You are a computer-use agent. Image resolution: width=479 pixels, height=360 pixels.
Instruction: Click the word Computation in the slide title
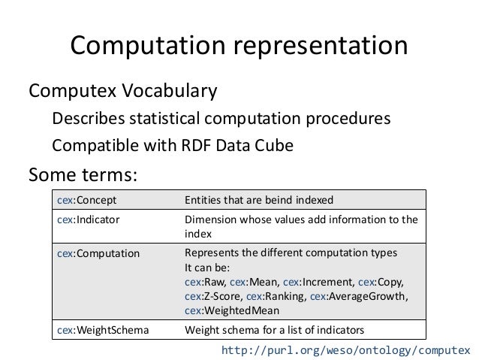point(147,46)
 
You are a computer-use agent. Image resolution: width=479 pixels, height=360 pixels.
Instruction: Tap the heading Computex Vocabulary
point(122,92)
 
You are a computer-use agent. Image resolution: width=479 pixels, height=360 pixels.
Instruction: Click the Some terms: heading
point(83,174)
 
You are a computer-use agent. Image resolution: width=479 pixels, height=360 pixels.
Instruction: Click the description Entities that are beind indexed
point(259,200)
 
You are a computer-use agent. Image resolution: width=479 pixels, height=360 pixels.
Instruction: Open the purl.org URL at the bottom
point(346,350)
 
